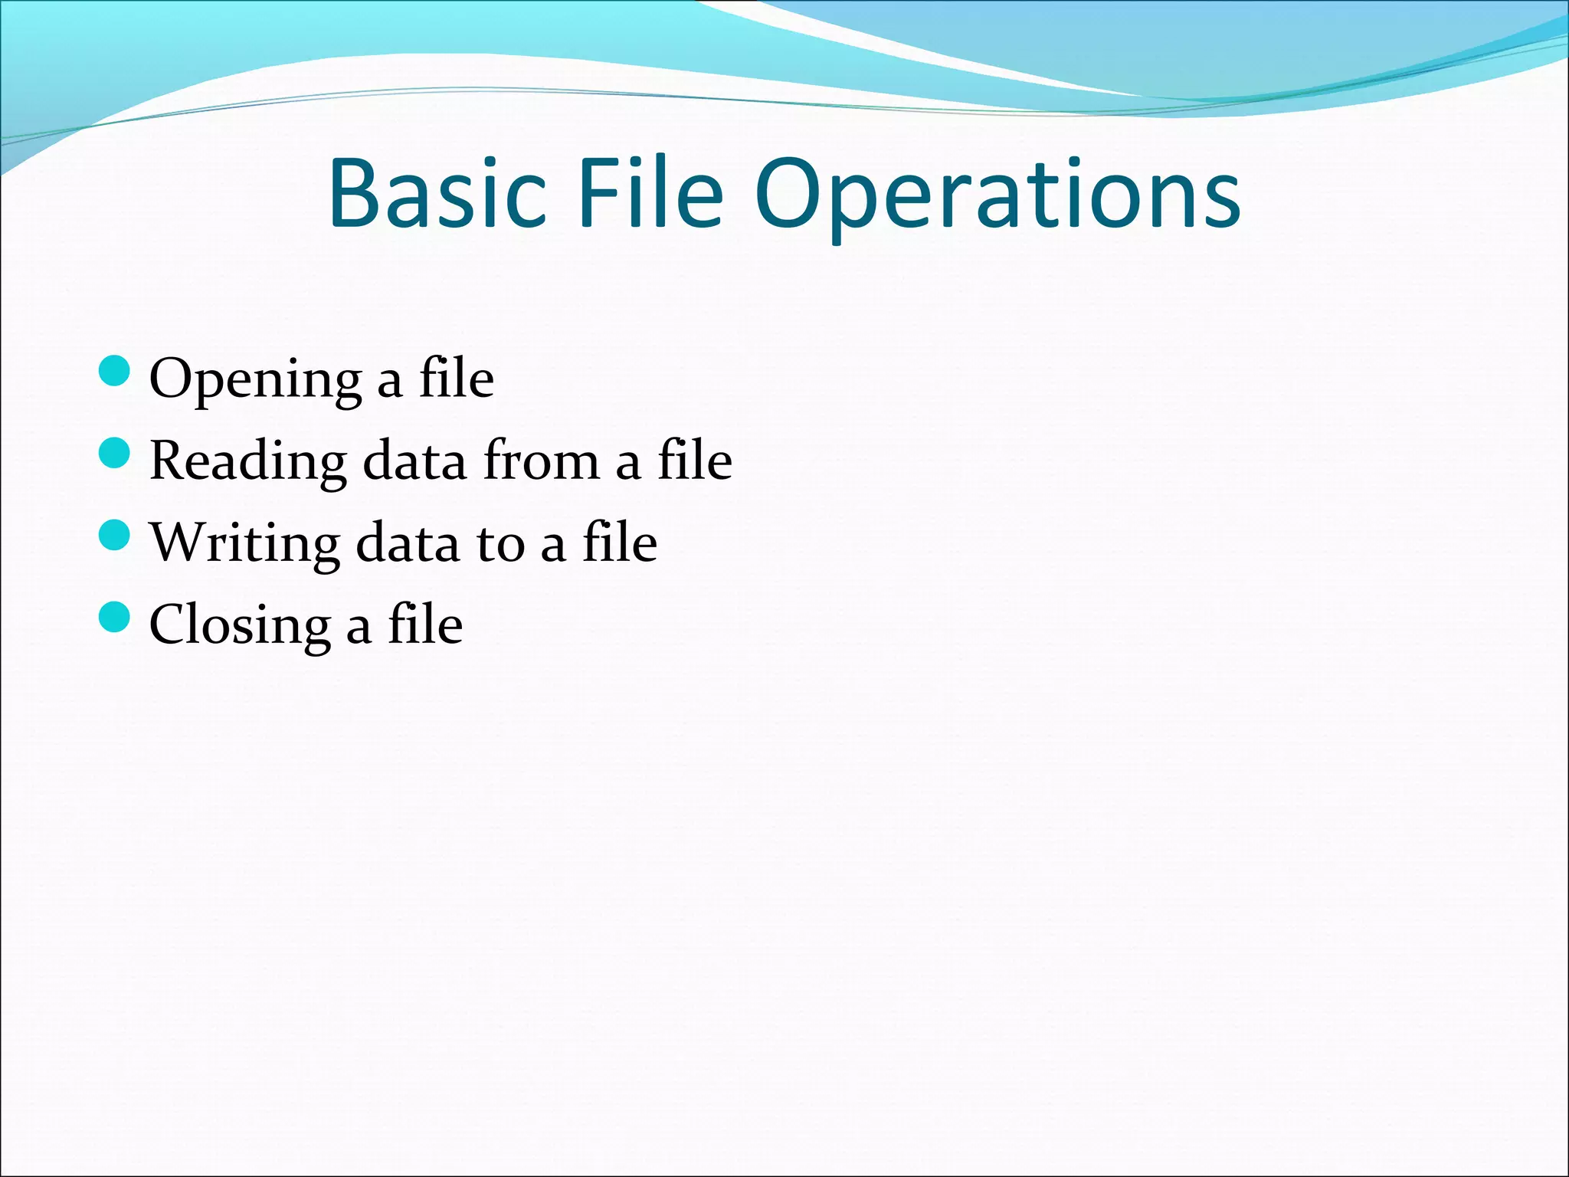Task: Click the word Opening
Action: pos(255,380)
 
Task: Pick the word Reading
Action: pos(247,461)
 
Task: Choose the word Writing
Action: pos(244,543)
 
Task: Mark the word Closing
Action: pos(239,625)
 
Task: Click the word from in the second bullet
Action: pos(541,461)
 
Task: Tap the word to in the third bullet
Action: pos(500,543)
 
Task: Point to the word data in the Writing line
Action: pos(408,543)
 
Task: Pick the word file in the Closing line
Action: pos(425,625)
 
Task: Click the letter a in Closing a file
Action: pos(359,628)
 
